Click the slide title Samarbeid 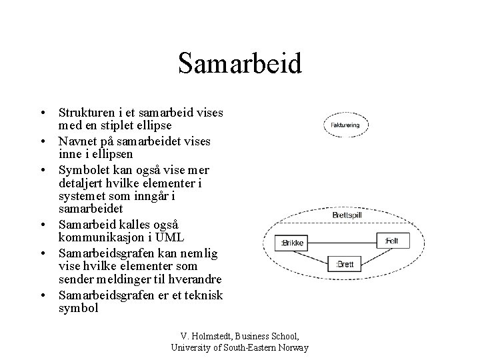point(240,64)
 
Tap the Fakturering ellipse point(343,124)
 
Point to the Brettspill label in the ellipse point(347,215)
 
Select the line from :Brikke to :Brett point(315,257)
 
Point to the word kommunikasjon point(99,238)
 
